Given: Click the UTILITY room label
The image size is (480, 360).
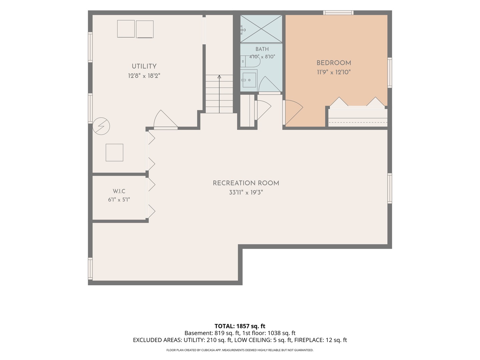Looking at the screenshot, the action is pyautogui.click(x=144, y=66).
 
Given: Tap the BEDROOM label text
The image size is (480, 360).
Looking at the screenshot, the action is pyautogui.click(x=334, y=63).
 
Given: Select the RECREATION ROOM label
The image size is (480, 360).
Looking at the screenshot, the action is pyautogui.click(x=246, y=183).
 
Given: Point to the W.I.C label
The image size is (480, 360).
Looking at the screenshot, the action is pyautogui.click(x=119, y=191).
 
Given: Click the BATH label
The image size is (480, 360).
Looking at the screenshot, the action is pyautogui.click(x=262, y=49).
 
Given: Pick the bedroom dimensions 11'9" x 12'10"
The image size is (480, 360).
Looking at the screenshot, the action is pyautogui.click(x=334, y=72).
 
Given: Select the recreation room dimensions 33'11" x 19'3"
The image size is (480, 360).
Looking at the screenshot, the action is pyautogui.click(x=246, y=193).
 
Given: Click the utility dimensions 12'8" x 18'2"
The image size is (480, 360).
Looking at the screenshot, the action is pyautogui.click(x=144, y=76).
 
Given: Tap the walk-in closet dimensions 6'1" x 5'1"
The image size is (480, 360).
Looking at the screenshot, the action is pyautogui.click(x=119, y=200).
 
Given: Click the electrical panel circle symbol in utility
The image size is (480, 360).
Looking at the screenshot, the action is pyautogui.click(x=101, y=126).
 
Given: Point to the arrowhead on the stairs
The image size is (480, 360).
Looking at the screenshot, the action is pyautogui.click(x=219, y=77).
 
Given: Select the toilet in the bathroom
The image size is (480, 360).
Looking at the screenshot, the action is pyautogui.click(x=250, y=61).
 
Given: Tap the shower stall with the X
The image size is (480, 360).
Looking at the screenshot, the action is pyautogui.click(x=261, y=29).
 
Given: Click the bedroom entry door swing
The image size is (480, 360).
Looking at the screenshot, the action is pyautogui.click(x=293, y=113).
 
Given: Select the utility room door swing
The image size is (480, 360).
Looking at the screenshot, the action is pyautogui.click(x=166, y=119).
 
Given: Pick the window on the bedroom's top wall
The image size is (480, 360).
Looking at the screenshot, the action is pyautogui.click(x=338, y=13).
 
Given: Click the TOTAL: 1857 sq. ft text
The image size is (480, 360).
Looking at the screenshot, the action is pyautogui.click(x=240, y=326).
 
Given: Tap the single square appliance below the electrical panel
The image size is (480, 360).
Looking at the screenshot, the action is pyautogui.click(x=114, y=153).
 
